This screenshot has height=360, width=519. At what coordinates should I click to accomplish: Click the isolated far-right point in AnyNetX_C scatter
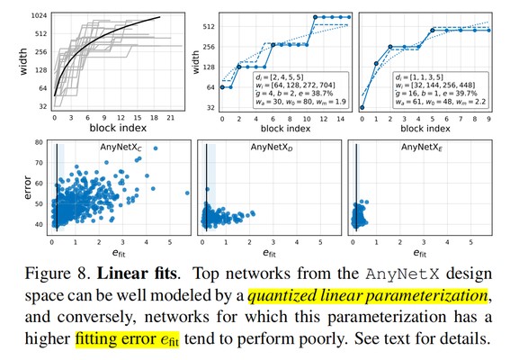[x=187, y=193]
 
